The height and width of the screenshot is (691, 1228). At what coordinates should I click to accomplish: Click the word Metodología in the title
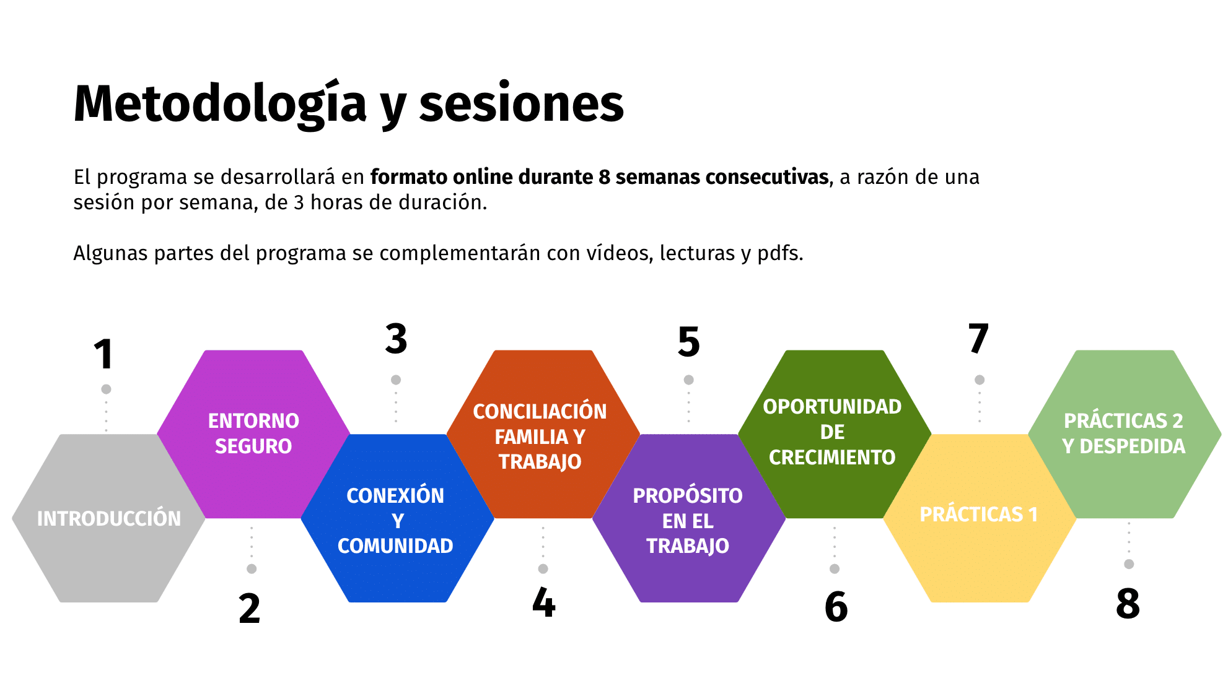(x=221, y=104)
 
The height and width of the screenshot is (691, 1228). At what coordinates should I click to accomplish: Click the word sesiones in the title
(x=522, y=103)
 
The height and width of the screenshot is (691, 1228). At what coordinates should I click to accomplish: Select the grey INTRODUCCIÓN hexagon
(x=108, y=518)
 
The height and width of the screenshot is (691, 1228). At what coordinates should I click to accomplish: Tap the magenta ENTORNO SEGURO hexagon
(x=253, y=434)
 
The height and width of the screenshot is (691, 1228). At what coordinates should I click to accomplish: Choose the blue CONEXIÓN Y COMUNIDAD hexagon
(x=397, y=518)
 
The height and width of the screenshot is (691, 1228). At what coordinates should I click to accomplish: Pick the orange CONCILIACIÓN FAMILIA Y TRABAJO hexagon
(x=543, y=434)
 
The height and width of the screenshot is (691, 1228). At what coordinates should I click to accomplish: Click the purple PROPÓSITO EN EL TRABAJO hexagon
(x=689, y=518)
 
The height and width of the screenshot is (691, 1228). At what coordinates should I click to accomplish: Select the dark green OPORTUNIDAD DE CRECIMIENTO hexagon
(x=835, y=434)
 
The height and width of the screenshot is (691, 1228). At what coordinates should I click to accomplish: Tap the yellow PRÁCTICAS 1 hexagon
(x=980, y=518)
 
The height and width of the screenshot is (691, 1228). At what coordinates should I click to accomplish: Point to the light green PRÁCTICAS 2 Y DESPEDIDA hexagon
(x=1125, y=434)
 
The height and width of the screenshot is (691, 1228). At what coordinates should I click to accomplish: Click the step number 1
(x=104, y=354)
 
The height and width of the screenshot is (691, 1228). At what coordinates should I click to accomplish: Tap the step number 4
(x=544, y=602)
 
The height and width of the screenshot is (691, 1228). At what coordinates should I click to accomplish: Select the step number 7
(x=979, y=338)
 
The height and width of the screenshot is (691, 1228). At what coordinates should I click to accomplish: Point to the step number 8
(x=1128, y=603)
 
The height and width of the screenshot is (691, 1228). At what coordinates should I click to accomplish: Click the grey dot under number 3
(x=396, y=380)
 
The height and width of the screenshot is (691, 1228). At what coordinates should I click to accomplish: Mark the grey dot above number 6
(x=835, y=568)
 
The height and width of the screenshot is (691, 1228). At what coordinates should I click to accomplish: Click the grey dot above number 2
(x=252, y=568)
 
